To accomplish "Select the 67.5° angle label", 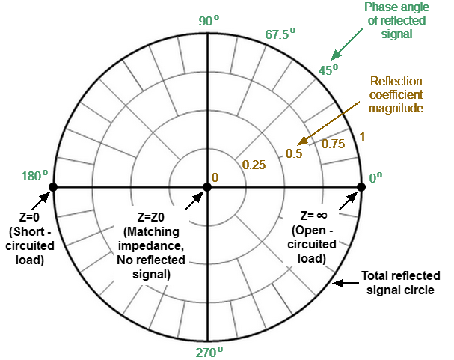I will coord(280,34).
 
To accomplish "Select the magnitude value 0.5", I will coord(293,154).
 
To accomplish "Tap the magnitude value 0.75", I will coord(333,144).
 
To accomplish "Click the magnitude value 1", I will coord(362,136).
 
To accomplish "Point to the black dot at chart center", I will coord(207,187).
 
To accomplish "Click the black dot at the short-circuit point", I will coord(52,187).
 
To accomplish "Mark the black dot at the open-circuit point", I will coord(362,187).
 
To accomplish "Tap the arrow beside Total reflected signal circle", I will coord(345,283).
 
